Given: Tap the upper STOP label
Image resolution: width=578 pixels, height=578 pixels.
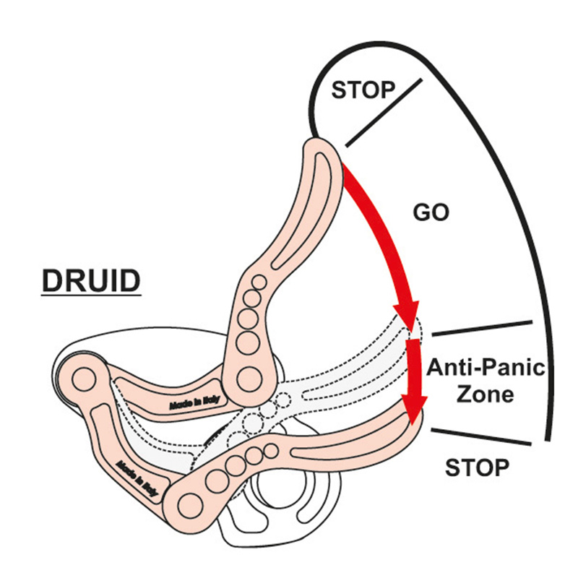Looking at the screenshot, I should coord(363,90).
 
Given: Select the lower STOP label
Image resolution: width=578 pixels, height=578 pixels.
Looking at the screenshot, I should coord(477,467).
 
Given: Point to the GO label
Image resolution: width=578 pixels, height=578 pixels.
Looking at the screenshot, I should coord(431,212).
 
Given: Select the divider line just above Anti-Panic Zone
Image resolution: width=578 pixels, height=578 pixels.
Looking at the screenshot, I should coord(481,329).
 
